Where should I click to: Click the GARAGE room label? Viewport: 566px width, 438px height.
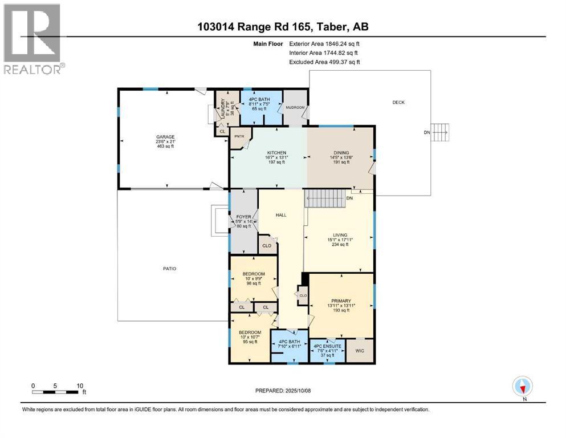click(166, 137)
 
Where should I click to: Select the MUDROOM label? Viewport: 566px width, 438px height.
click(295, 108)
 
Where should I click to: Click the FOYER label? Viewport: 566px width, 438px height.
click(243, 217)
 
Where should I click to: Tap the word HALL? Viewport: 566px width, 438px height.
click(280, 215)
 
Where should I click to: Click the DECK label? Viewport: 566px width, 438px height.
click(398, 103)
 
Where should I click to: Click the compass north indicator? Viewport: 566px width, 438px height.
click(522, 387)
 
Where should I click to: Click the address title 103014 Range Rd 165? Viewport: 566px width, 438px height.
click(283, 27)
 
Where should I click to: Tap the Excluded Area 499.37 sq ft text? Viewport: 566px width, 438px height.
click(324, 62)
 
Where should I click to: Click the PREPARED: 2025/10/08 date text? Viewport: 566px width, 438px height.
click(283, 391)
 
